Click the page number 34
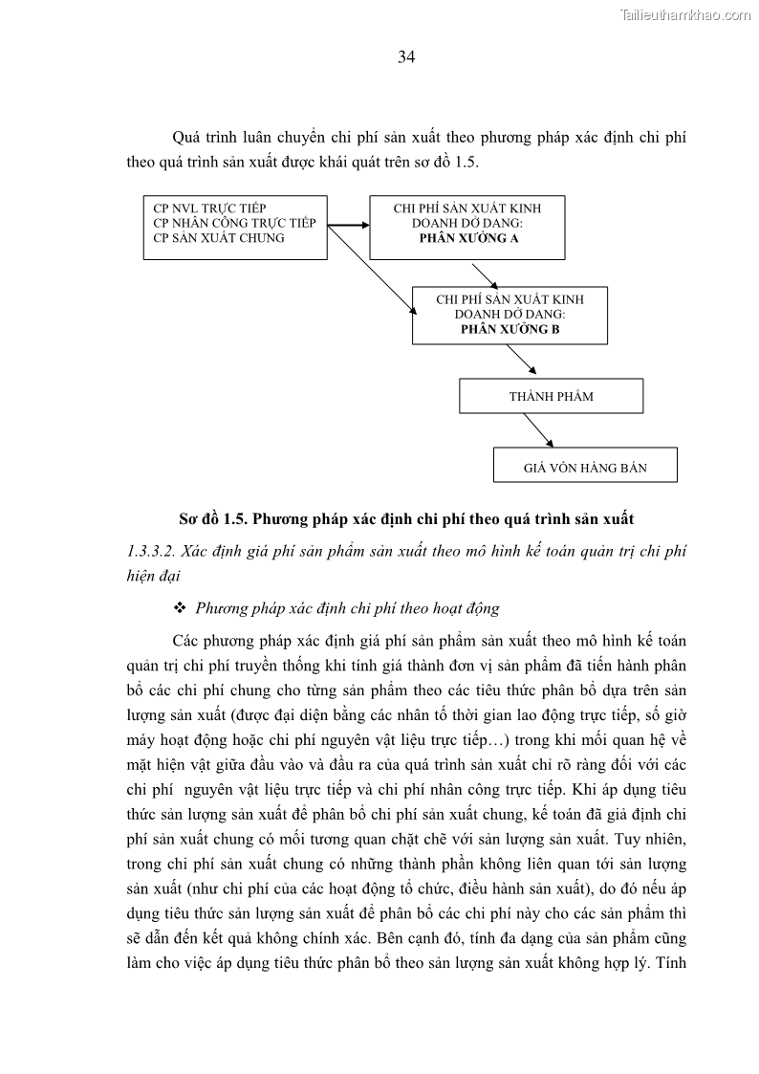point(406,57)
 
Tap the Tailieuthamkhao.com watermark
point(685,14)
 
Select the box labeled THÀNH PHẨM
point(551,396)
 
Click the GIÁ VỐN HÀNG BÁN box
point(585,468)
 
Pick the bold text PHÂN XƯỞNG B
point(510,329)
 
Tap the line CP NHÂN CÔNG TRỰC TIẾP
point(234,223)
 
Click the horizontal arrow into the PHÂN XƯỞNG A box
point(348,227)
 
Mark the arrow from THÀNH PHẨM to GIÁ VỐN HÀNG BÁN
point(537,429)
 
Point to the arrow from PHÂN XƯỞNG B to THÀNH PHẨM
point(521,361)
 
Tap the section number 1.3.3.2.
point(149,551)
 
